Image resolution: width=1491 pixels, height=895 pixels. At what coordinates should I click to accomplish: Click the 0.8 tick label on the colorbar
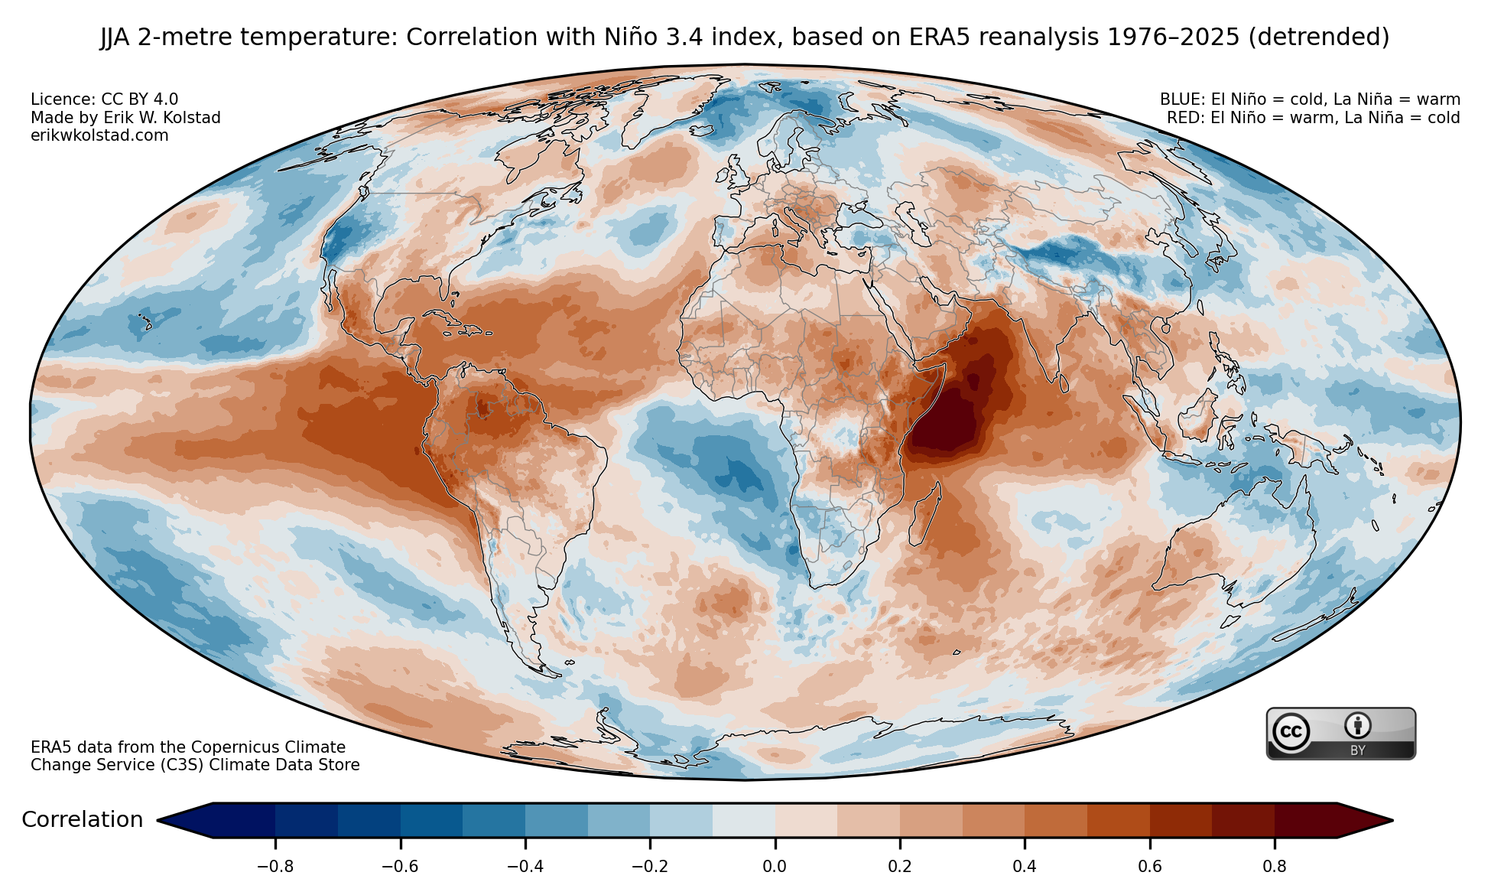tap(1275, 867)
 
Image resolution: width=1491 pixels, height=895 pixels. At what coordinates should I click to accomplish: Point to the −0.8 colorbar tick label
tap(275, 867)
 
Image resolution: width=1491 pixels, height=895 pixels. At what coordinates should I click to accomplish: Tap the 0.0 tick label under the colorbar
tap(775, 867)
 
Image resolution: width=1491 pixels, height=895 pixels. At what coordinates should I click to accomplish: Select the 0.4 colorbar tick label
tap(1025, 867)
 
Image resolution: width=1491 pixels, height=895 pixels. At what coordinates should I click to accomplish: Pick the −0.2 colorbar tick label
tap(650, 867)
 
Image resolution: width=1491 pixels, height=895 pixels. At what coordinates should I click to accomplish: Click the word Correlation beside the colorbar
tap(83, 820)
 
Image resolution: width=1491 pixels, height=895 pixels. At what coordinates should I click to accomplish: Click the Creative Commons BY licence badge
tap(1341, 734)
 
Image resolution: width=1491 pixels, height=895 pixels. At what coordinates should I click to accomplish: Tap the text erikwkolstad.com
tap(99, 135)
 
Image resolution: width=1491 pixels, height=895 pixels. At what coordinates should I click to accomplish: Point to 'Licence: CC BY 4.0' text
tap(105, 99)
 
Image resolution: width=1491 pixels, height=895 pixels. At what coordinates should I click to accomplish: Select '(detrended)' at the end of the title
tap(1319, 37)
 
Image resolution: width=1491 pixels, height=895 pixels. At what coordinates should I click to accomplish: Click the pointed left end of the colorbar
tap(158, 821)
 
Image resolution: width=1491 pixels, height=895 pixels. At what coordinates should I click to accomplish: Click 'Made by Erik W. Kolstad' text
tap(125, 118)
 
